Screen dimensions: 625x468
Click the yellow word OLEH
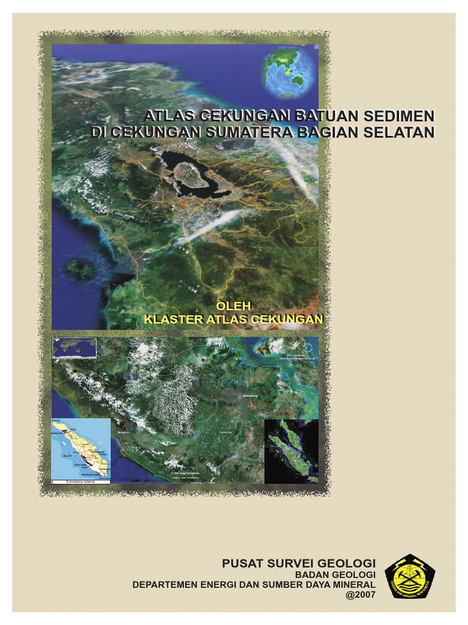click(235, 305)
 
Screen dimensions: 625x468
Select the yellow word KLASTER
click(172, 319)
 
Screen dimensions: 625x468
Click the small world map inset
click(74, 347)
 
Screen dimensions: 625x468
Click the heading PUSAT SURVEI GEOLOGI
click(299, 563)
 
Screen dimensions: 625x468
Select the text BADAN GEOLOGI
click(335, 574)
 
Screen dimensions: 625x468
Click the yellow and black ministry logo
click(410, 576)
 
